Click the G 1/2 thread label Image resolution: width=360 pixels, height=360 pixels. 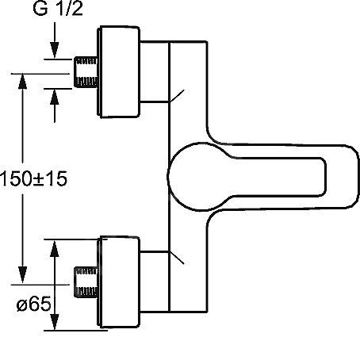[x=58, y=9]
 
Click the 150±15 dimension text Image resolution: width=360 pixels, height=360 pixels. [x=33, y=178]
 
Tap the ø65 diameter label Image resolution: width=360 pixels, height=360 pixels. [x=33, y=304]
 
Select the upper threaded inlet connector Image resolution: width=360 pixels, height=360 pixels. [x=86, y=71]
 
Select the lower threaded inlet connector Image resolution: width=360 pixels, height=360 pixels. [x=86, y=281]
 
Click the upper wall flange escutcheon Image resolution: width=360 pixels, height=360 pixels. [x=118, y=71]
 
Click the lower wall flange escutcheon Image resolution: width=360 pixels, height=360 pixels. [x=118, y=281]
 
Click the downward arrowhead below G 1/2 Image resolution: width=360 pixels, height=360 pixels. [x=55, y=50]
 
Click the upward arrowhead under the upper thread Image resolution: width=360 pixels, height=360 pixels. [x=55, y=98]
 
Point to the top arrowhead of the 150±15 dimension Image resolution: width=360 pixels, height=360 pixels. [x=23, y=82]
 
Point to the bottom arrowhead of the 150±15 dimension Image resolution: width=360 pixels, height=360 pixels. [x=23, y=275]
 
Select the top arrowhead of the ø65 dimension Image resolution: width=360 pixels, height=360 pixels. [x=55, y=248]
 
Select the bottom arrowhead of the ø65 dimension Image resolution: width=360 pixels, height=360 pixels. [x=55, y=321]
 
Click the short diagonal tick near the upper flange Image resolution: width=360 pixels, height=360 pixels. [x=177, y=96]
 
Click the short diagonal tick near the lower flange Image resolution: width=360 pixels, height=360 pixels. [x=177, y=257]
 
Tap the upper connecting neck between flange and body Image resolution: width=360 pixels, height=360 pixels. [x=154, y=71]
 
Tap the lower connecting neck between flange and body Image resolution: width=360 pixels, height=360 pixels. [x=154, y=281]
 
